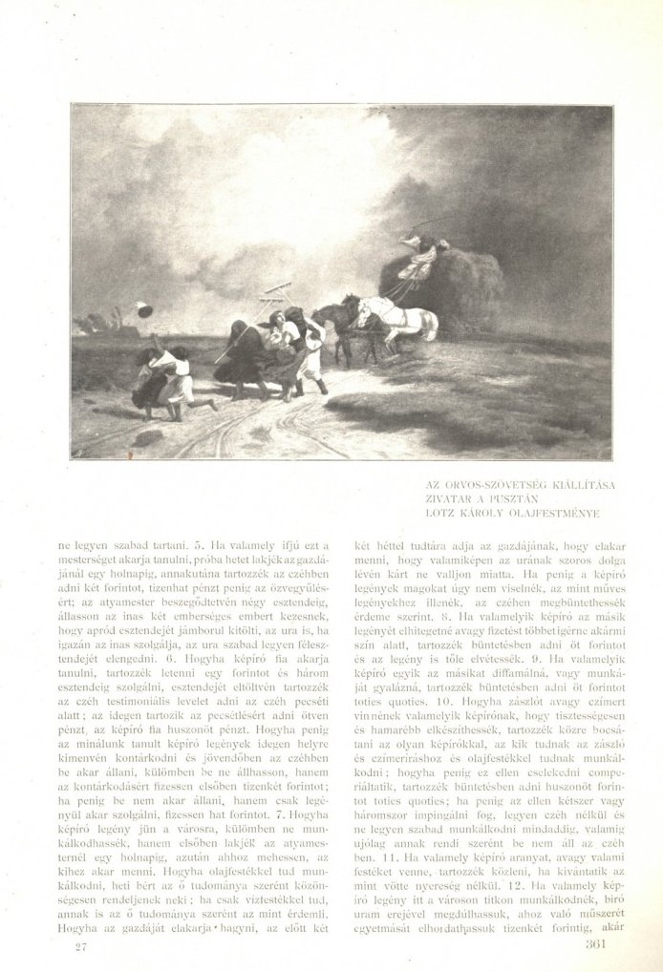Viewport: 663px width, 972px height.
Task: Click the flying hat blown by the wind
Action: (143, 309)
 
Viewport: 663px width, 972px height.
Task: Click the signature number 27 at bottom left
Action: (81, 947)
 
